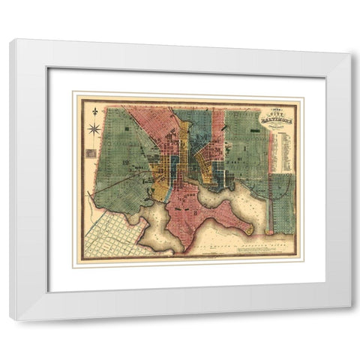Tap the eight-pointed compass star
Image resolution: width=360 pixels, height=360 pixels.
pos(95,129)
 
